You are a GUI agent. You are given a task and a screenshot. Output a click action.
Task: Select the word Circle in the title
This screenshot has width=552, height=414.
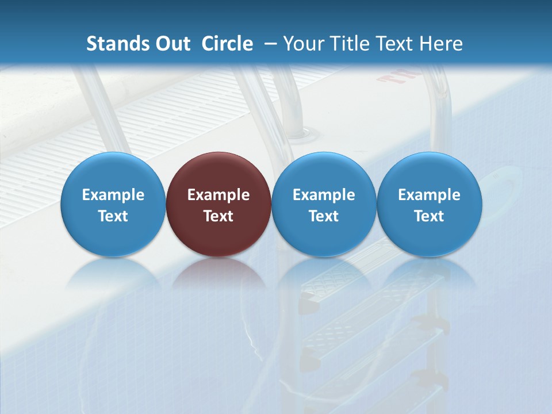click(227, 44)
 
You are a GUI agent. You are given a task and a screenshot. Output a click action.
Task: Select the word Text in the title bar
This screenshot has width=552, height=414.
click(394, 44)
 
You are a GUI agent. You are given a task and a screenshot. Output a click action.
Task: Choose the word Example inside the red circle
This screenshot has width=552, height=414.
click(218, 195)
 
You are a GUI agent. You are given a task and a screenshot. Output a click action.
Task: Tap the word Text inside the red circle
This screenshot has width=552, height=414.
click(218, 216)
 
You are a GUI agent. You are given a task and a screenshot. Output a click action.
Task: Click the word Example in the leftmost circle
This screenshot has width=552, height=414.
click(113, 195)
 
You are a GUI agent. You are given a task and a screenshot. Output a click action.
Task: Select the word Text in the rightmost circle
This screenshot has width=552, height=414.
click(430, 216)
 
